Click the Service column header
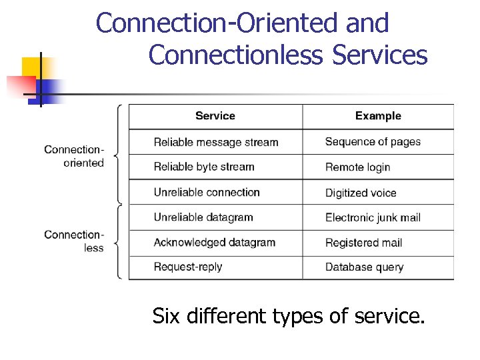pyautogui.click(x=215, y=116)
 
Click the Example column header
pyautogui.click(x=378, y=116)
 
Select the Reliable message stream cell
pyautogui.click(x=215, y=142)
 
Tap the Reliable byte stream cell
pyautogui.click(x=204, y=167)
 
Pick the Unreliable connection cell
pyautogui.click(x=207, y=192)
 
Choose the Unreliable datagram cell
pyautogui.click(x=203, y=217)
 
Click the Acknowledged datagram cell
pyautogui.click(x=214, y=242)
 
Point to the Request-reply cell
pyautogui.click(x=187, y=267)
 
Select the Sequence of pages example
pyautogui.click(x=373, y=141)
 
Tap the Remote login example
pyautogui.click(x=357, y=167)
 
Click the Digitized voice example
pyautogui.click(x=361, y=193)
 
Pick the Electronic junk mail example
pyautogui.click(x=373, y=217)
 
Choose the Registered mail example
pyautogui.click(x=363, y=243)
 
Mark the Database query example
pyautogui.click(x=364, y=267)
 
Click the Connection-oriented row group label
pyautogui.click(x=75, y=156)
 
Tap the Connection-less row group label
pyautogui.click(x=75, y=241)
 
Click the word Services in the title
pyautogui.click(x=379, y=55)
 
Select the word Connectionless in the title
pyautogui.click(x=235, y=55)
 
